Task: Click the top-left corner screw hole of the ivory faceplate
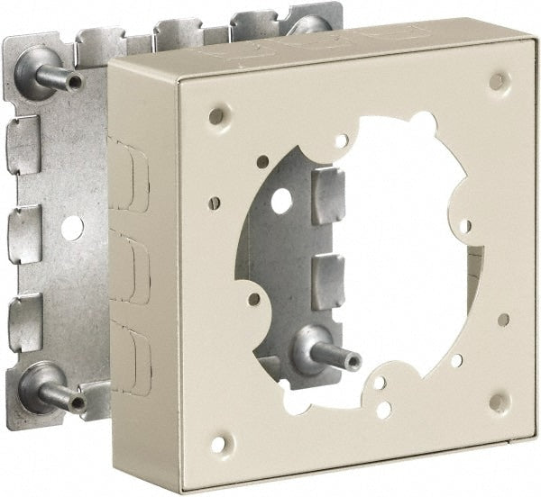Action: tap(215, 116)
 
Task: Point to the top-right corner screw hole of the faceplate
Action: tap(497, 81)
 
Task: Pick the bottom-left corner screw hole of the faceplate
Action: tap(216, 443)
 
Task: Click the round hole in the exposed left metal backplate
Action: tap(73, 228)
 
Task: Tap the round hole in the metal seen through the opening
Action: tap(281, 200)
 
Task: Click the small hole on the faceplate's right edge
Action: tap(503, 320)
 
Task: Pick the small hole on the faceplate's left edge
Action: tap(215, 203)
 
